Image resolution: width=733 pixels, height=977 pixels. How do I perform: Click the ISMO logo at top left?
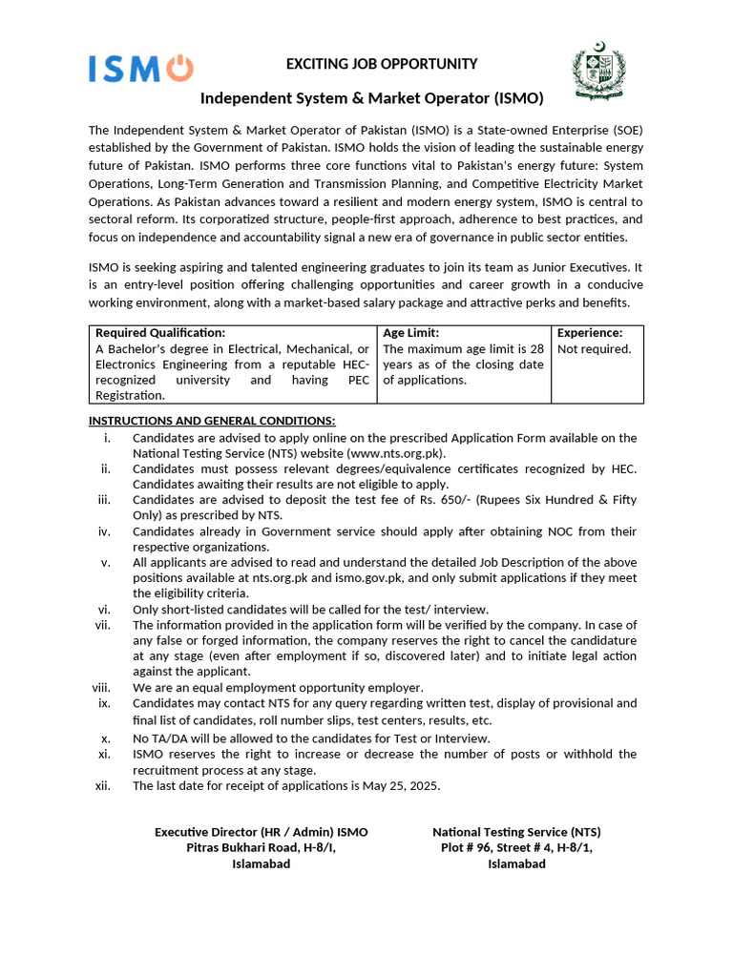pos(140,68)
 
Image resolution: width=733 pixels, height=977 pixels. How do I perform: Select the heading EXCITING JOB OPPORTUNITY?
pos(368,64)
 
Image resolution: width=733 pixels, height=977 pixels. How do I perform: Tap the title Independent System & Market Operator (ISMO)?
pos(371,98)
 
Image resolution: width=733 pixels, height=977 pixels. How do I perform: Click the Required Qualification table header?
pos(160,333)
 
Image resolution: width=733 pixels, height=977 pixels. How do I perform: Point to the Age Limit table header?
pos(411,333)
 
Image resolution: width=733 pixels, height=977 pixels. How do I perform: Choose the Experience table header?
pos(590,333)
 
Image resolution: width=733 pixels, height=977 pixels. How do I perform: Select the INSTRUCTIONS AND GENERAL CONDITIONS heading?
pos(212,421)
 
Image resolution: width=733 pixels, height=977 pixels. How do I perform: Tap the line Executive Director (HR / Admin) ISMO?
pos(261,832)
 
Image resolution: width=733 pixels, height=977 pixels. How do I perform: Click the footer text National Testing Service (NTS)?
pos(516,832)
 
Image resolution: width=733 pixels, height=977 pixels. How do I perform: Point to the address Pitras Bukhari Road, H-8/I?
pos(261,848)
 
